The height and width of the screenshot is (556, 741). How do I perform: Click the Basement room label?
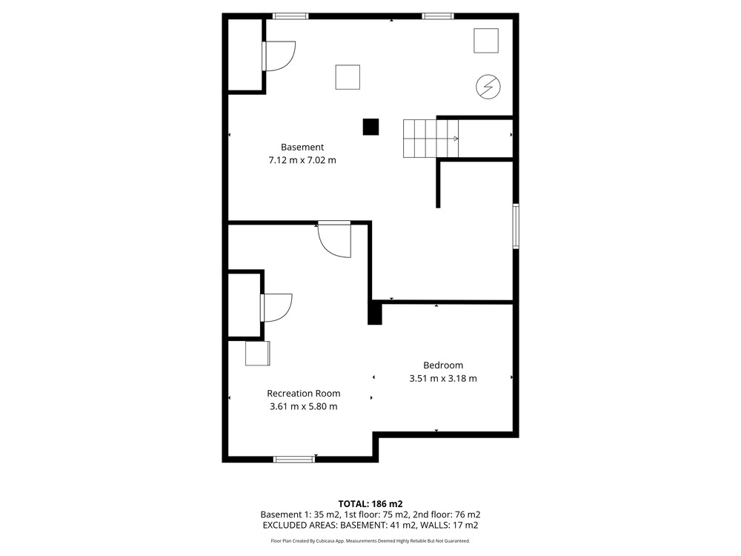click(302, 147)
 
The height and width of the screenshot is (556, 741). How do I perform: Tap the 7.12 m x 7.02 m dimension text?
click(302, 160)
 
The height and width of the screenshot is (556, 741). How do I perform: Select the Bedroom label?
click(443, 365)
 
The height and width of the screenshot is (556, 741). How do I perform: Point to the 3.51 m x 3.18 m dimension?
click(443, 378)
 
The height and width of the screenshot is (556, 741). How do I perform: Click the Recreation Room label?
click(303, 394)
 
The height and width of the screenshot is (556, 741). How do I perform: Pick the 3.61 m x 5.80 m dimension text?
click(303, 406)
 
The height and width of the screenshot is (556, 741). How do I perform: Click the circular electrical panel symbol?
click(488, 87)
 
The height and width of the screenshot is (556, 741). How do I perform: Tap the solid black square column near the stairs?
click(371, 127)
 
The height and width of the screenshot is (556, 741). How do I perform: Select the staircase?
click(431, 138)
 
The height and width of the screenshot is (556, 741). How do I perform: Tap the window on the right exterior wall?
click(516, 226)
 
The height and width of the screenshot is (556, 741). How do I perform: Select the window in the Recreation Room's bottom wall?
click(294, 459)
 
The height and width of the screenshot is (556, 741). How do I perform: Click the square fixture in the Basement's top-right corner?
click(486, 41)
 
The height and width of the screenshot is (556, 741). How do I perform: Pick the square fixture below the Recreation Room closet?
click(258, 353)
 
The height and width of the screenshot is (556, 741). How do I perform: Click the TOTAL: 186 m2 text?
click(370, 504)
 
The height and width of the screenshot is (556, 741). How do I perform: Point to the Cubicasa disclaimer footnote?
click(370, 541)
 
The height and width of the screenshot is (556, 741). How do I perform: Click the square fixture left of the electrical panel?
click(348, 77)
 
